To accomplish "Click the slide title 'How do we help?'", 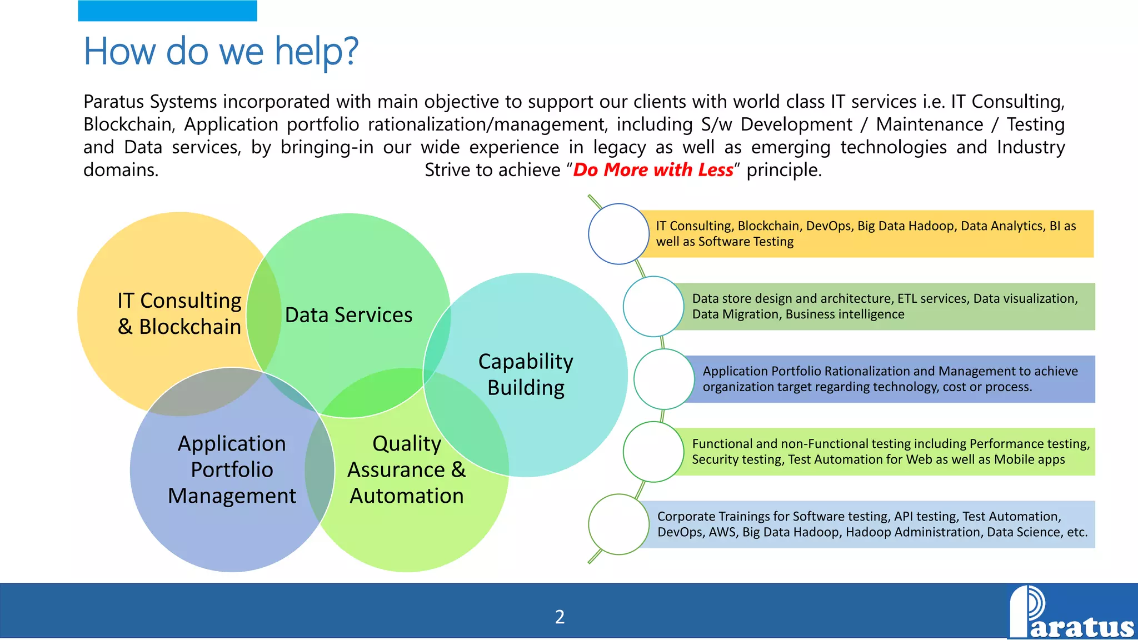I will tap(221, 51).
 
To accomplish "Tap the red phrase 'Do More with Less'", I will tap(653, 170).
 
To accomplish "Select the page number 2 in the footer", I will tap(560, 617).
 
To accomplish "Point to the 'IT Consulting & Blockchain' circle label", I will tap(179, 313).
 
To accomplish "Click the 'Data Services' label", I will tap(348, 315).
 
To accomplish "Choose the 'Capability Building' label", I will tap(526, 374).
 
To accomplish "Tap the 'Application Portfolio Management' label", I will tap(232, 469).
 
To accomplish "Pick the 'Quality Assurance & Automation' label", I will tap(406, 469).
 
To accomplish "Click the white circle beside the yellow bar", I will tap(618, 234).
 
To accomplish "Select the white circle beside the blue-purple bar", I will tap(663, 379).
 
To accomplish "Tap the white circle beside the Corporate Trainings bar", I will tap(618, 524).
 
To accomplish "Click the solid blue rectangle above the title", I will tap(167, 11).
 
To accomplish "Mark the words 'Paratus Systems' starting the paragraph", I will tap(150, 102).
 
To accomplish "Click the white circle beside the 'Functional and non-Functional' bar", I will tap(653, 452).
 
